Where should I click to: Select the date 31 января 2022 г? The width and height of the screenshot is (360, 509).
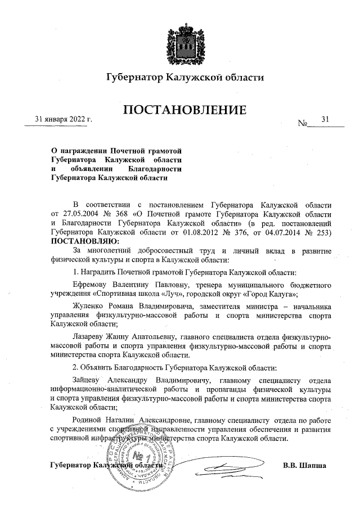pos(64,119)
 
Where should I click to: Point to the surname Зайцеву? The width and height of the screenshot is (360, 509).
pos(89,381)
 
